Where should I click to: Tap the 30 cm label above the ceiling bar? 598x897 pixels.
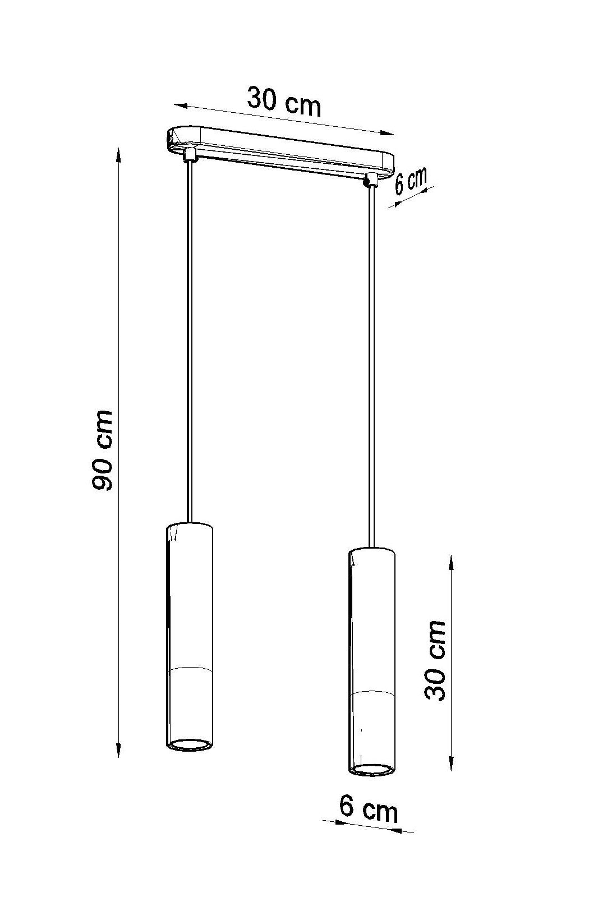click(x=284, y=102)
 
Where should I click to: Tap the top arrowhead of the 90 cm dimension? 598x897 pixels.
click(x=118, y=155)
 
